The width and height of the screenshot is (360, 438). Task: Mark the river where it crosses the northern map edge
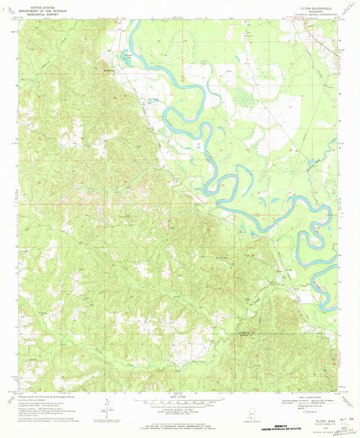[135, 21]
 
